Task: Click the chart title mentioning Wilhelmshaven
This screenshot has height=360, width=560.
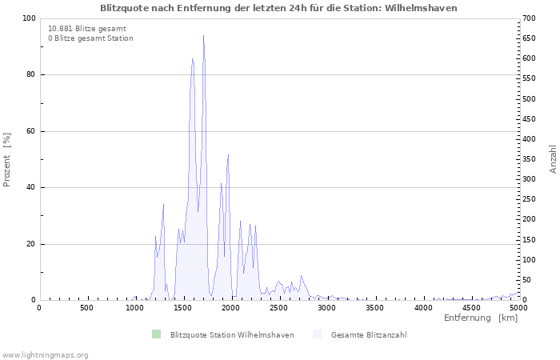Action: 279,8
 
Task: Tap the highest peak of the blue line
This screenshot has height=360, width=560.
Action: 203,36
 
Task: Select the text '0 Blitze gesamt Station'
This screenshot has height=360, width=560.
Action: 90,38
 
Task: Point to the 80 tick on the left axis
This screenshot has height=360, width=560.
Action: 30,75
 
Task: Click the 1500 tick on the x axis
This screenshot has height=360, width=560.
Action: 183,308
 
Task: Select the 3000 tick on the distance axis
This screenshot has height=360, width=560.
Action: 327,308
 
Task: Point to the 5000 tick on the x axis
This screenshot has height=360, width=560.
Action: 518,308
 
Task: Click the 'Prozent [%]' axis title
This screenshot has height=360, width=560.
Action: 7,160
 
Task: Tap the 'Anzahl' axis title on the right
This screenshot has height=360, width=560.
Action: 554,159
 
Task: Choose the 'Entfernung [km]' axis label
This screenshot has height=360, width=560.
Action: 481,318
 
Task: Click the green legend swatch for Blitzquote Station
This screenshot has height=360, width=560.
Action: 156,334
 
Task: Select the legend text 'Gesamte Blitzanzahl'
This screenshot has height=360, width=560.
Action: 369,334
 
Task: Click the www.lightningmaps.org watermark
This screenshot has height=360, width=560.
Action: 45,354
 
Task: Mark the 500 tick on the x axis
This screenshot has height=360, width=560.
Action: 87,308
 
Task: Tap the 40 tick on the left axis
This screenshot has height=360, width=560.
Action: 30,188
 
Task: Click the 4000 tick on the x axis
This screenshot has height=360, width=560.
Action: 423,308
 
